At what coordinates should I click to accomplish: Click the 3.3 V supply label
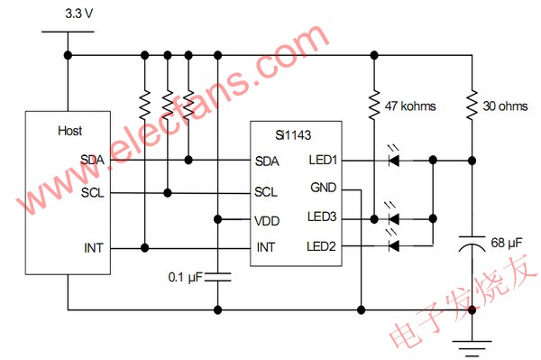click(79, 14)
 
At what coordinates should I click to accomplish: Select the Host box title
click(71, 131)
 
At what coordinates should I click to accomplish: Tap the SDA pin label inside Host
click(93, 160)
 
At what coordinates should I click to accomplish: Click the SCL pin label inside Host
click(93, 191)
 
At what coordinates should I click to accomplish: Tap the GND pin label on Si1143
click(323, 189)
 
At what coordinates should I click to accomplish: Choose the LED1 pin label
click(324, 161)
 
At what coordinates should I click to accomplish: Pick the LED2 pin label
click(324, 246)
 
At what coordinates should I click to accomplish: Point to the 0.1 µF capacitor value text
click(188, 276)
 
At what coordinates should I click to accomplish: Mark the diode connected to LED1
click(393, 161)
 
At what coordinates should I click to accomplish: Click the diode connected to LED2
click(393, 245)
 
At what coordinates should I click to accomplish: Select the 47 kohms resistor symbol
click(372, 106)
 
